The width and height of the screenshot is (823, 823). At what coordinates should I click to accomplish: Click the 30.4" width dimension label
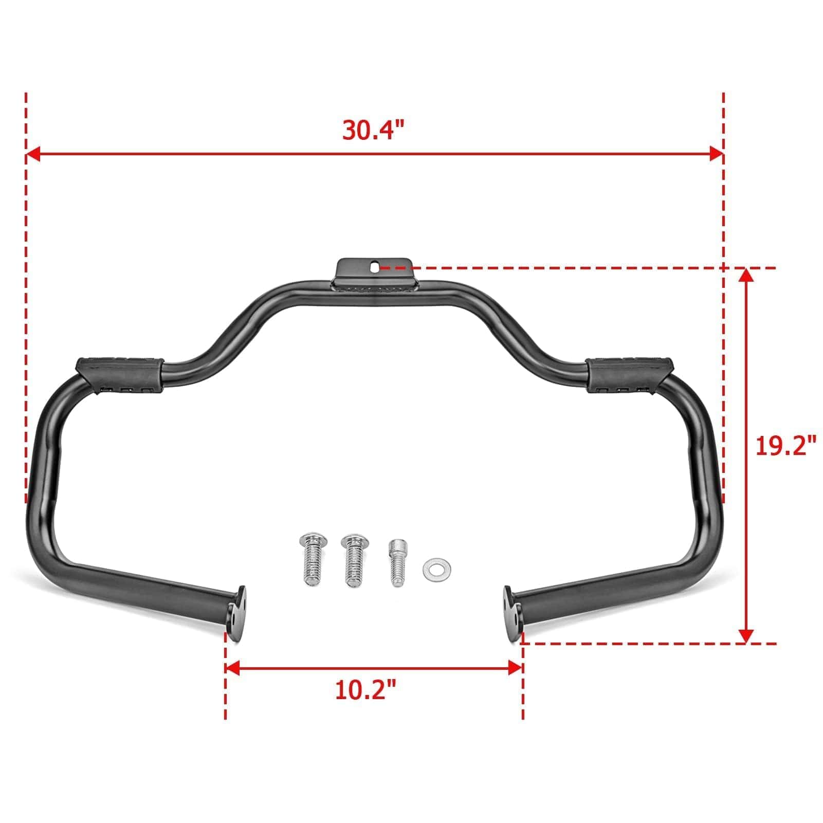click(374, 131)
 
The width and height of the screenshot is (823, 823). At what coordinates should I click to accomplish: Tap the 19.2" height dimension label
click(785, 445)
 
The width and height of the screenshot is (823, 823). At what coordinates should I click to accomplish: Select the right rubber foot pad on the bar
click(630, 374)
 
